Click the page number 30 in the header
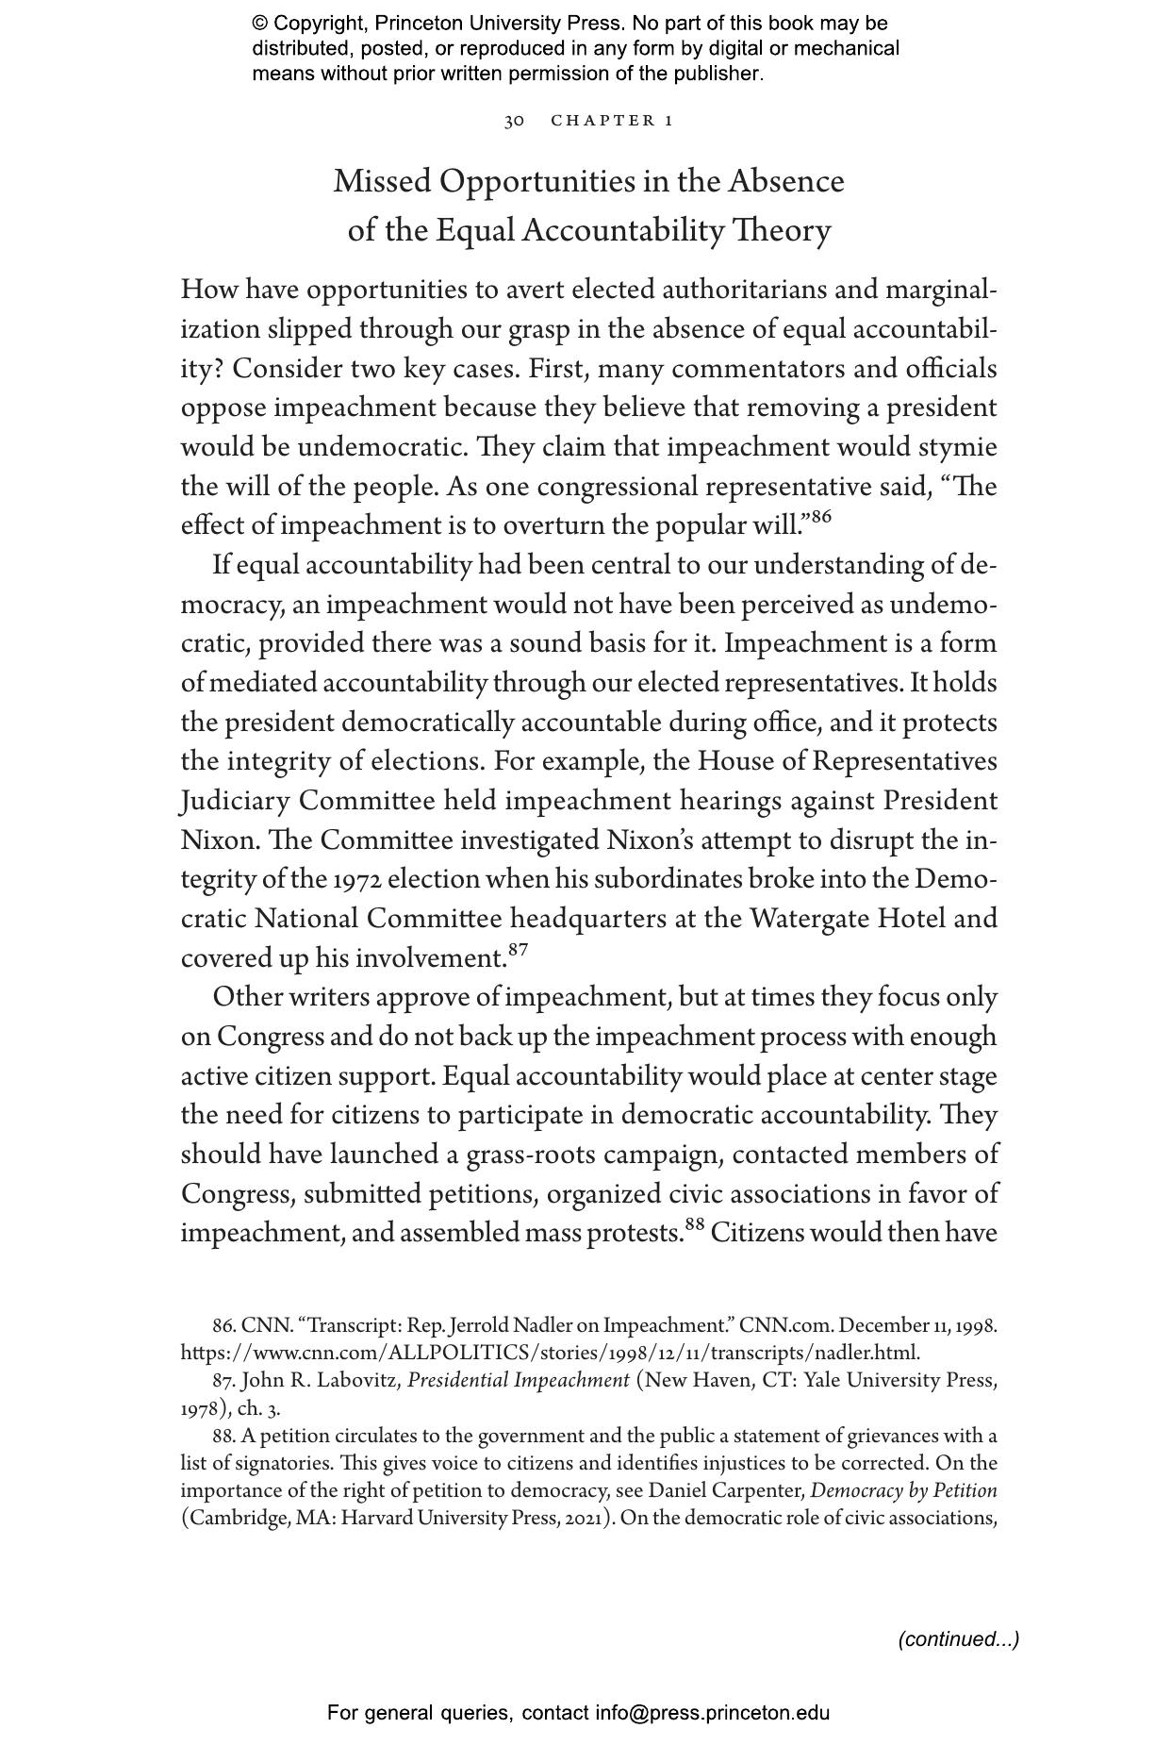tap(514, 121)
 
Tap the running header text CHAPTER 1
tap(612, 121)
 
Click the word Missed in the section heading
tap(382, 181)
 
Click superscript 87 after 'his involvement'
tap(517, 950)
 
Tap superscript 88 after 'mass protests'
tap(695, 1225)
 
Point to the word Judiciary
tap(235, 801)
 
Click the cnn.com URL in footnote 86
tap(550, 1353)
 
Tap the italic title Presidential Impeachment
tap(518, 1380)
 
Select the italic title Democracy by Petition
tap(903, 1491)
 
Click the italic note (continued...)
tap(958, 1639)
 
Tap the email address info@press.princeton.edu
tap(712, 1713)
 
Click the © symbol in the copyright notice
tap(260, 24)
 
